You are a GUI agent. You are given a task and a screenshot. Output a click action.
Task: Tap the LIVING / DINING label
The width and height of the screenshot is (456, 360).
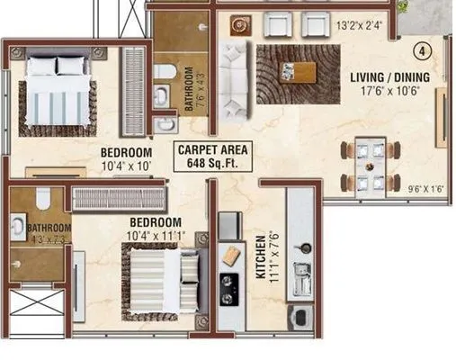[x=389, y=77]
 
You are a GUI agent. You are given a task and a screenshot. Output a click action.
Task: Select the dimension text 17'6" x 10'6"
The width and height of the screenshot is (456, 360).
[x=389, y=91]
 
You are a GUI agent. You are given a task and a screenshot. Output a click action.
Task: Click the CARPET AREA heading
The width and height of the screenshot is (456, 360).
[x=212, y=151]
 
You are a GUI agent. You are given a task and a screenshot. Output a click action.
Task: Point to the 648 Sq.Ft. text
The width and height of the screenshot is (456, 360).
[x=212, y=164]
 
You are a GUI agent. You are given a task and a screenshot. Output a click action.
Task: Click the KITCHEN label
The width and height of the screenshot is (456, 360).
[x=261, y=258]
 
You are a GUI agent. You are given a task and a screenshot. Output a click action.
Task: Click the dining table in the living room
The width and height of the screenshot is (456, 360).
[x=370, y=168]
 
